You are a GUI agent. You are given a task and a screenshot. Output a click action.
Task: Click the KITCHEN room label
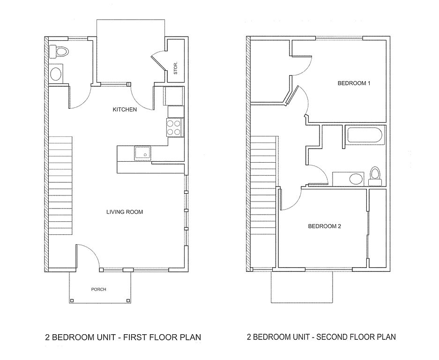point(125,110)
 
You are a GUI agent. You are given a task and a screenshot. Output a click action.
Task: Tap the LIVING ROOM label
point(125,212)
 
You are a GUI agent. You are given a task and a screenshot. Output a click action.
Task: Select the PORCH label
point(98,289)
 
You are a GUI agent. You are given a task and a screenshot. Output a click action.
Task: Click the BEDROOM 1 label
point(354,83)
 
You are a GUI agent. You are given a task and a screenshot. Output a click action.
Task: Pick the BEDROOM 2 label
point(324,226)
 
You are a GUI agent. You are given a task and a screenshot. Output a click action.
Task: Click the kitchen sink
point(142,153)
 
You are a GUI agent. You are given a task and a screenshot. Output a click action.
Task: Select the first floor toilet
point(60,50)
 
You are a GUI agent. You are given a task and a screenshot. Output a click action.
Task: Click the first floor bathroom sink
point(56,74)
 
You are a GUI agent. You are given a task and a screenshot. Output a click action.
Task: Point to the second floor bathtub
point(364,135)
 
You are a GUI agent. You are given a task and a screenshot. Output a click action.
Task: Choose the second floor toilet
point(375,174)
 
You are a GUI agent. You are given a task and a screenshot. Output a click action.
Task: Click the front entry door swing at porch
point(87,255)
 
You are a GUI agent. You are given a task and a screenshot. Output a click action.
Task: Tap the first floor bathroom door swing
point(80,98)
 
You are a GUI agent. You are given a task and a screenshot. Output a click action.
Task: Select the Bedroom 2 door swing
point(290,199)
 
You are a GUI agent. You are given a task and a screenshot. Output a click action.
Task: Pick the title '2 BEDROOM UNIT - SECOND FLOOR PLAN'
point(321,337)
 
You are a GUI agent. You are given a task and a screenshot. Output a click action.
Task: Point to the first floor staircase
point(60,187)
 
